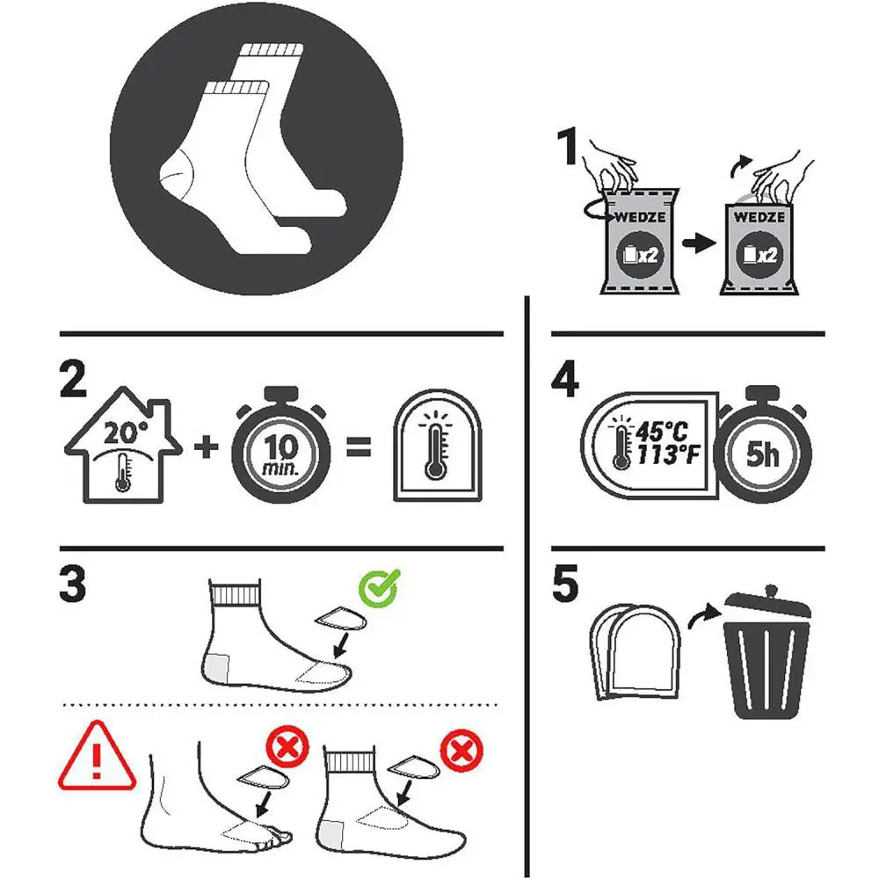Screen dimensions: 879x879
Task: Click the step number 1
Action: click(567, 146)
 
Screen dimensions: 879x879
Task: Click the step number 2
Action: click(73, 379)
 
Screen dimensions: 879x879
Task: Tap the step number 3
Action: click(73, 584)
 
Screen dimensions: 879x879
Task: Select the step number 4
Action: click(565, 379)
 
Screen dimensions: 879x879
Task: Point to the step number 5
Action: click(565, 584)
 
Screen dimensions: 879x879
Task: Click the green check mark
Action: click(380, 588)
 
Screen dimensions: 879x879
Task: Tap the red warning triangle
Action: click(97, 756)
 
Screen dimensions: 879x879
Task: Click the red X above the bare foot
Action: click(287, 746)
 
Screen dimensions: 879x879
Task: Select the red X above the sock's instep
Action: click(462, 751)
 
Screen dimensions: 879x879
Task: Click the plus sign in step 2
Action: click(207, 447)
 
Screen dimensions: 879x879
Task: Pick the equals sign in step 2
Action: click(359, 447)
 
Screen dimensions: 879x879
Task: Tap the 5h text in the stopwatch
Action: click(762, 454)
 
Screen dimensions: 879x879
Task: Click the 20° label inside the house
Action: click(126, 432)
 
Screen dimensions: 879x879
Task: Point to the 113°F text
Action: click(668, 454)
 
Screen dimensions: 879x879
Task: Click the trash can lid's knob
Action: click(772, 591)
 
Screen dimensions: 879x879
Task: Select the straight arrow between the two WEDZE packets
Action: click(699, 243)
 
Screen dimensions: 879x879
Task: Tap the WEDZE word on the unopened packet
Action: click(640, 217)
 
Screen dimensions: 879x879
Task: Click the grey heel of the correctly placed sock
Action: click(217, 668)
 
